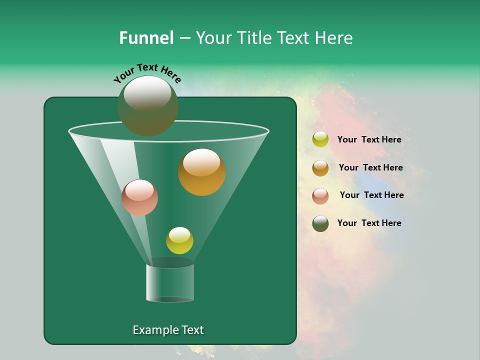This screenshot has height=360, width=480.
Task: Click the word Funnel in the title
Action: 146,38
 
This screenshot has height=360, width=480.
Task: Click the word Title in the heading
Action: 253,38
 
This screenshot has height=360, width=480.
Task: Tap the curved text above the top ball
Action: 147,73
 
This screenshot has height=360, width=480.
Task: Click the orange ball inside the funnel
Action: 202,172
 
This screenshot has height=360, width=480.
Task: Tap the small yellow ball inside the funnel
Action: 179,240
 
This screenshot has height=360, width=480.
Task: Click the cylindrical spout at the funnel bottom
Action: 170,282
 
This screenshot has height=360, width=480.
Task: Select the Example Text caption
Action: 168,330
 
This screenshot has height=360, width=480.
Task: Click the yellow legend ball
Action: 320,139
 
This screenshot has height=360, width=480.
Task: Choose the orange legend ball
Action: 320,167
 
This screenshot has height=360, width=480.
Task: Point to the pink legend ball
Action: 320,195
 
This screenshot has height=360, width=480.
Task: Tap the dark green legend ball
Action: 320,223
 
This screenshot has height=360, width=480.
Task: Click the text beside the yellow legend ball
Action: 369,139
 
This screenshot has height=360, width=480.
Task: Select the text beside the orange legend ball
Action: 370,167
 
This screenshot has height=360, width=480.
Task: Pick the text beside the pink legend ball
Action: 371,195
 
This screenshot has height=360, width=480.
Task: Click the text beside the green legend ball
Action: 369,223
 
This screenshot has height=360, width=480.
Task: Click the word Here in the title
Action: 335,38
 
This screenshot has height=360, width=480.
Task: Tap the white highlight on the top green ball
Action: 147,93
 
